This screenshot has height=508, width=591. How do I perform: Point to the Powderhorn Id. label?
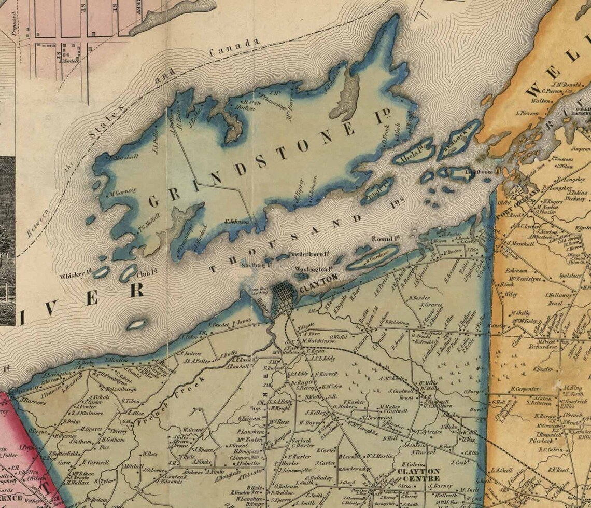[310, 255]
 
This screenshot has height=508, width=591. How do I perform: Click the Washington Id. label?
[313, 270]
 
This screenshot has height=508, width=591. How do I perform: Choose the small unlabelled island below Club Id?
[137, 324]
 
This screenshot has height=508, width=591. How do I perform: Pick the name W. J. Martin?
[379, 456]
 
